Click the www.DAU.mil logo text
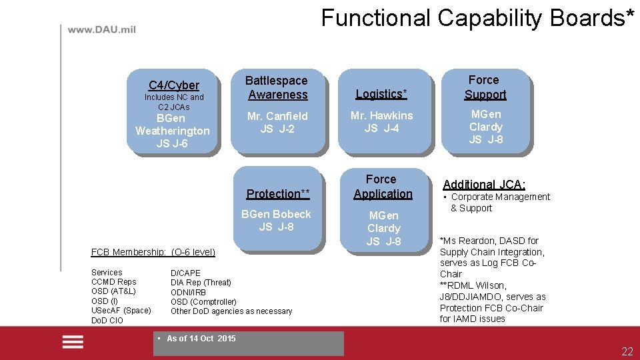pos(101,30)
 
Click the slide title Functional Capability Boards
pos(482,17)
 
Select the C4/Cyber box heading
pos(173,85)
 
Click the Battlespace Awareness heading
pos(277,87)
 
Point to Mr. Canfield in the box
pos(277,116)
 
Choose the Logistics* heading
pos(381,94)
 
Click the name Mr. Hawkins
pos(381,115)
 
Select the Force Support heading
pos(485,87)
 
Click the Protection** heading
pos(278,194)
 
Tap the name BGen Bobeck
pos(276,214)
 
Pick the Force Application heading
pos(383,187)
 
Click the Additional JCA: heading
pos(484,185)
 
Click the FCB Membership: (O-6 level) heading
pos(153,252)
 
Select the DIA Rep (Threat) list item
pos(201,283)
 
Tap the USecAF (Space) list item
pos(121,311)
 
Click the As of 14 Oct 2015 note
pos(200,339)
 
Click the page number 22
pos(627,352)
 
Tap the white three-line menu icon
pos(73,342)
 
